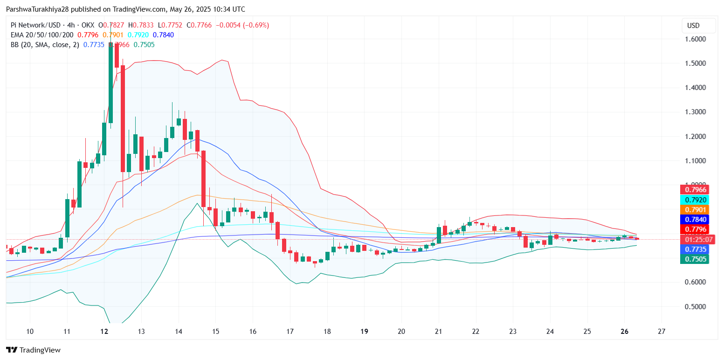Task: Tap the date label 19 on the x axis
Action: click(365, 332)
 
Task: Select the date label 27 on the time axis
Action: click(661, 332)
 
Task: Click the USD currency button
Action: click(693, 25)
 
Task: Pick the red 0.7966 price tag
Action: click(695, 189)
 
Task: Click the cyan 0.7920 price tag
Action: click(695, 200)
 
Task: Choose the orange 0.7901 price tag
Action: click(695, 210)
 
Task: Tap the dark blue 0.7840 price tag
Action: click(695, 220)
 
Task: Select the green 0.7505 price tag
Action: click(695, 259)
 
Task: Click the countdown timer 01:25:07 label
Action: click(695, 240)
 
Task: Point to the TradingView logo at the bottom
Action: click(33, 350)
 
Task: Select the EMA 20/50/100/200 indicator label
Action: click(42, 35)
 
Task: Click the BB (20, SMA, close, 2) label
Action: click(45, 45)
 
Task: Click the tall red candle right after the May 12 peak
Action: click(123, 119)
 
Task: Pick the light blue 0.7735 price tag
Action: click(695, 249)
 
